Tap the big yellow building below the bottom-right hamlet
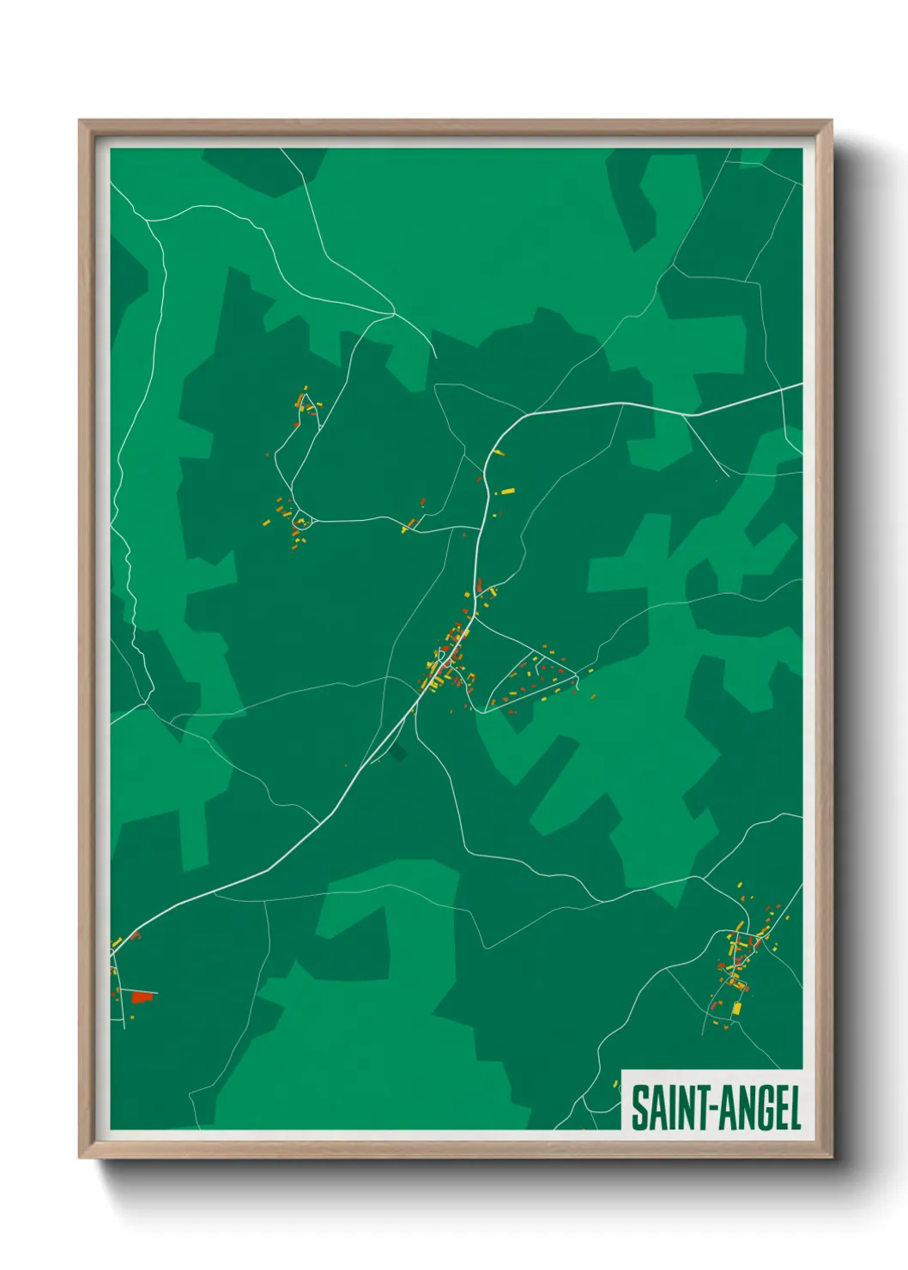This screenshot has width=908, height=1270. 735,1008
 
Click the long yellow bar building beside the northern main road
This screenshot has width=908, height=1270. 507,492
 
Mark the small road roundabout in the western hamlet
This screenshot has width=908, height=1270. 300,521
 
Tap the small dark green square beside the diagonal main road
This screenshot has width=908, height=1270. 397,753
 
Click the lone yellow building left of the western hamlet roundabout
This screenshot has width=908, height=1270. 266,522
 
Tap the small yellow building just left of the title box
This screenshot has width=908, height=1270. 615,1085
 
